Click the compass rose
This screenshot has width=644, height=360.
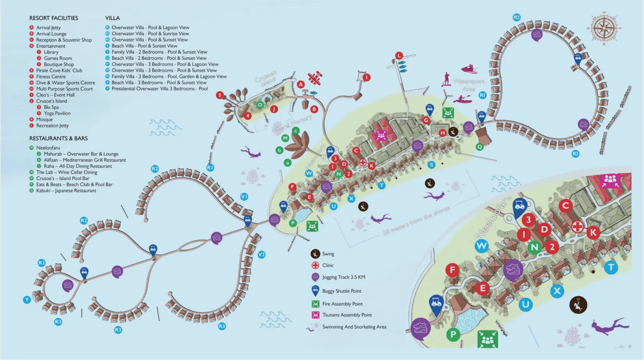click(x=604, y=28)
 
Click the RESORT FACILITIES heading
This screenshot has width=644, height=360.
click(x=53, y=18)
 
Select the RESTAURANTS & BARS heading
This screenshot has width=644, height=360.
click(x=59, y=138)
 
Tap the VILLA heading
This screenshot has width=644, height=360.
click(x=112, y=18)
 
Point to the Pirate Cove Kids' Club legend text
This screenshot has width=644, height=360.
click(x=59, y=71)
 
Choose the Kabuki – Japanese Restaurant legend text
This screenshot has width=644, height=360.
click(x=66, y=191)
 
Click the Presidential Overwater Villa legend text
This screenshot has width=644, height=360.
click(x=160, y=89)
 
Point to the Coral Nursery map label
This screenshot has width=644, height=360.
click(x=293, y=123)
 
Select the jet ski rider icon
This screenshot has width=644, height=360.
click(x=469, y=69)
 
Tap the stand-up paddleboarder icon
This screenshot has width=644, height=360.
click(x=446, y=80)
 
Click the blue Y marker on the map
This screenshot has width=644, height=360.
click(x=27, y=300)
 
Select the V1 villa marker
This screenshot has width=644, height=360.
click(x=244, y=197)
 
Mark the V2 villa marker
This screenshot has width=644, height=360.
click(x=261, y=255)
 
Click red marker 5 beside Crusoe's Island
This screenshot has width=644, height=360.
click(x=220, y=95)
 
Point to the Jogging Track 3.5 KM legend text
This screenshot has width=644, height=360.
click(x=344, y=277)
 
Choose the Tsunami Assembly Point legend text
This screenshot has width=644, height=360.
click(x=347, y=315)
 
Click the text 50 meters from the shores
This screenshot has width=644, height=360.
click(x=416, y=221)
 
